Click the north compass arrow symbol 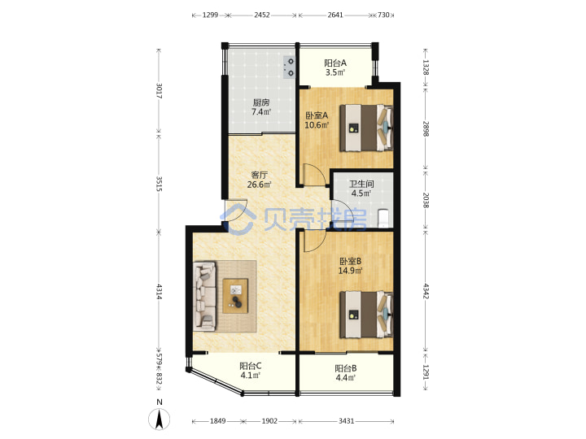pyautogui.click(x=160, y=419)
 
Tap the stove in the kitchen pyautogui.click(x=290, y=67)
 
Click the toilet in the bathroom pyautogui.click(x=384, y=219)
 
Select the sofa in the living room pyautogui.click(x=205, y=296)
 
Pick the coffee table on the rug pyautogui.click(x=235, y=296)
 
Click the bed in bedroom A pyautogui.click(x=366, y=128)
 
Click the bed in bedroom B pyautogui.click(x=366, y=315)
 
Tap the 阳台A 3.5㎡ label pyautogui.click(x=335, y=67)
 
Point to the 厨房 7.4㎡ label pyautogui.click(x=261, y=106)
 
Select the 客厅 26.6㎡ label pyautogui.click(x=260, y=180)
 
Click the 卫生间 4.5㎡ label pyautogui.click(x=361, y=189)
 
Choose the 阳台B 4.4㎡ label pyautogui.click(x=346, y=373)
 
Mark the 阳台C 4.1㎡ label pyautogui.click(x=251, y=371)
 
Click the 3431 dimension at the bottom pyautogui.click(x=347, y=421)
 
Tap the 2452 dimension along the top pyautogui.click(x=262, y=15)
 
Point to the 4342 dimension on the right pyautogui.click(x=426, y=291)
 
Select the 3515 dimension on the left pyautogui.click(x=159, y=184)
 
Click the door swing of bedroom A pyautogui.click(x=313, y=174)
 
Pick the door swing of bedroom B pyautogui.click(x=314, y=241)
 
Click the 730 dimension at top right pyautogui.click(x=383, y=15)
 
